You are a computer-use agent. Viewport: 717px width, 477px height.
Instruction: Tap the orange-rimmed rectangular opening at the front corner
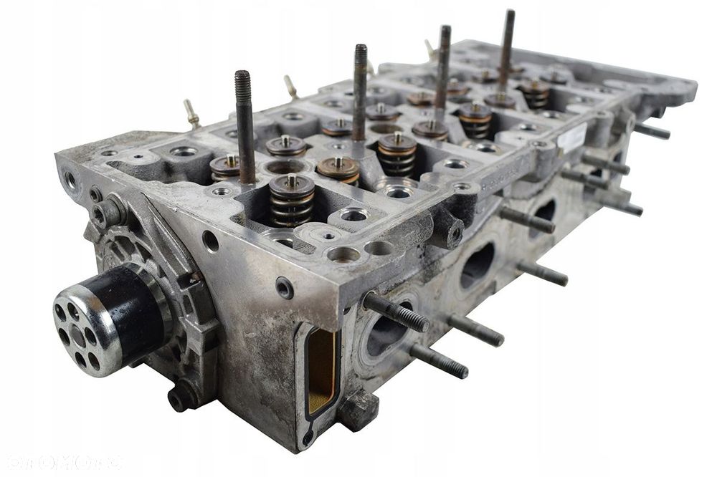pos(321,372)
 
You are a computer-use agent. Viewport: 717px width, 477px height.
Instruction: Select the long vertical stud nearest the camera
pos(245,126)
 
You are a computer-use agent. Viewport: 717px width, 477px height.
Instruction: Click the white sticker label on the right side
pos(571,138)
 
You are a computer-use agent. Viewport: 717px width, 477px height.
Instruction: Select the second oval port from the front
pos(477,263)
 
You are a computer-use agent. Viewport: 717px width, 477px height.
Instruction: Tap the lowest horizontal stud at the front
pos(439,361)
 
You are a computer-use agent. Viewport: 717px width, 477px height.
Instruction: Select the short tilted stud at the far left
pos(191,113)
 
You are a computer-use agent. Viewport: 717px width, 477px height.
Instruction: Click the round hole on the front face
pos(210,241)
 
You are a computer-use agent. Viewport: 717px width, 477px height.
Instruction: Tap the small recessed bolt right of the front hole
pos(285,286)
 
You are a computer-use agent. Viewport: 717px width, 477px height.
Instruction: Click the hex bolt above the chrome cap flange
pos(107,212)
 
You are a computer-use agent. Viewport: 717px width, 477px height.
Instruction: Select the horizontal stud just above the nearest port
pos(394,312)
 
